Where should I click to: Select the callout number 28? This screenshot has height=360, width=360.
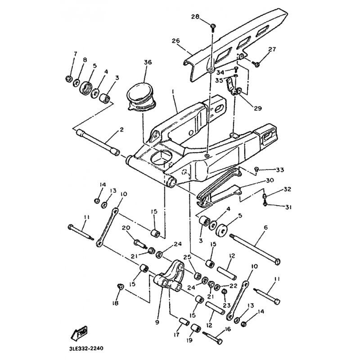tap(195, 17)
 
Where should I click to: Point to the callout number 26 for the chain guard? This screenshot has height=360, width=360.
tap(176, 40)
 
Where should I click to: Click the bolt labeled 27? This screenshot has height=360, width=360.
tap(256, 64)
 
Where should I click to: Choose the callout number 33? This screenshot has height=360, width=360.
tap(280, 170)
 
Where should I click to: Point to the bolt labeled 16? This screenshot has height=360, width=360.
tap(211, 335)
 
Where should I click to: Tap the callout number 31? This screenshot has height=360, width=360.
tap(288, 207)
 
